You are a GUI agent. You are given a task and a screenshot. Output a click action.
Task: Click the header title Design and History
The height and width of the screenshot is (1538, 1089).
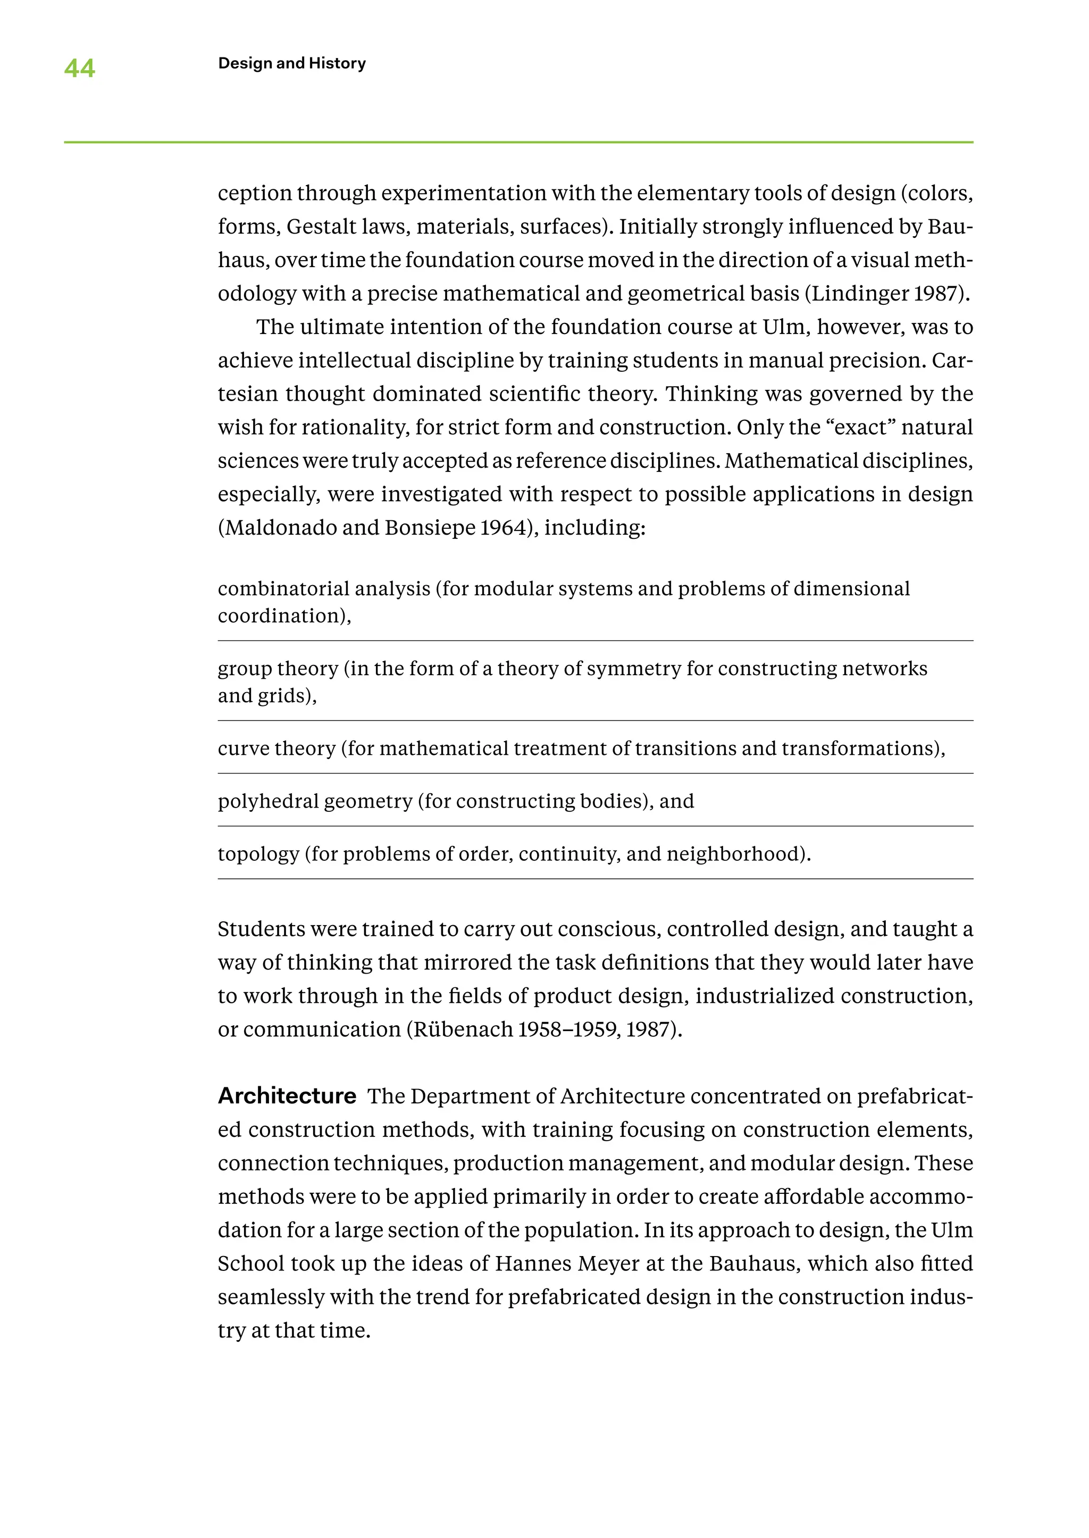tap(292, 63)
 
